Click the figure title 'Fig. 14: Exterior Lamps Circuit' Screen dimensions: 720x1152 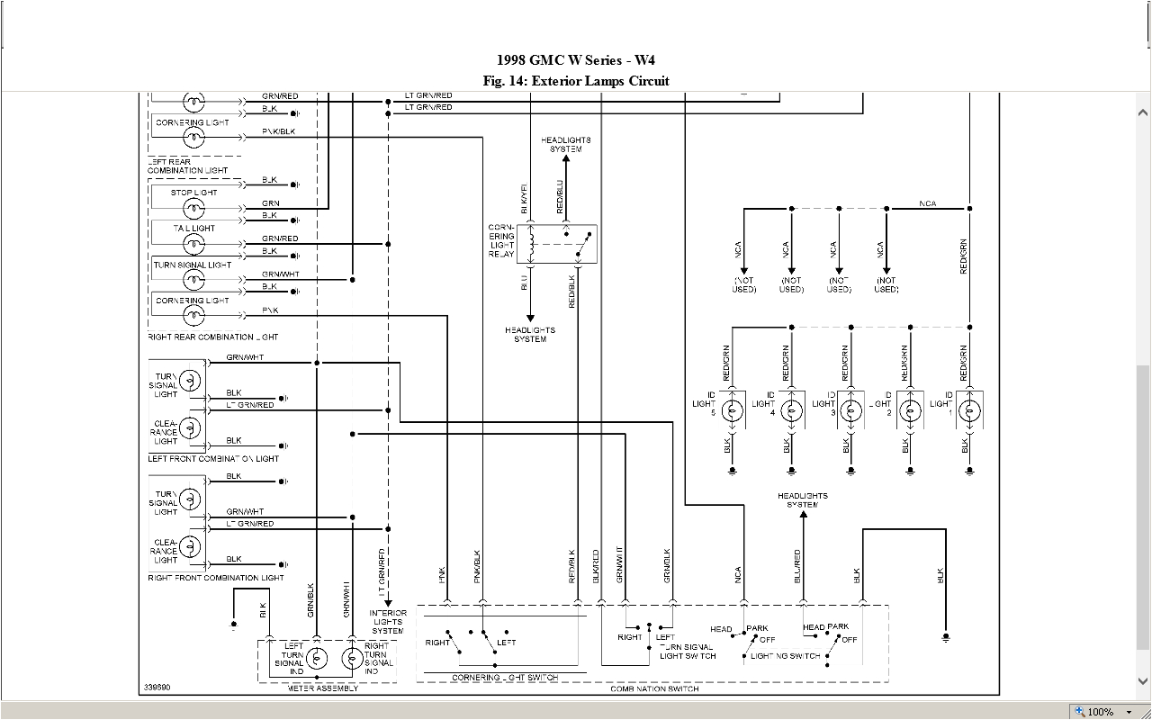576,81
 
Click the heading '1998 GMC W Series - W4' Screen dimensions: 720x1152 576,60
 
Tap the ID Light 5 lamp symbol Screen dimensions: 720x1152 733,411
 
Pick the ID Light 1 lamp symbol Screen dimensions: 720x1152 969,411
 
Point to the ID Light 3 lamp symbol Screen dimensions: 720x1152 850,411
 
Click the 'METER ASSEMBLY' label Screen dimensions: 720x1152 322,688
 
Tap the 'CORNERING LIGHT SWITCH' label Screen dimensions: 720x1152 504,678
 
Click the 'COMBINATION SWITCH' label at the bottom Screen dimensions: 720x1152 654,688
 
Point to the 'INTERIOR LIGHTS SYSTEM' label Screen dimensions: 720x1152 388,622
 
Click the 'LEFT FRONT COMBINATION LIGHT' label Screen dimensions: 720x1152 214,459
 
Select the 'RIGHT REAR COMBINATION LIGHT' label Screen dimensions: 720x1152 213,337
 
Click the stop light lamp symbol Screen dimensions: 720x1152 193,208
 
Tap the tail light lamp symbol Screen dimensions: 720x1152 193,244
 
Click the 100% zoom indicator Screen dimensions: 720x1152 1099,712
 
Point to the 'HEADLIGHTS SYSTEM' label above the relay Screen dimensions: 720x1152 566,145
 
